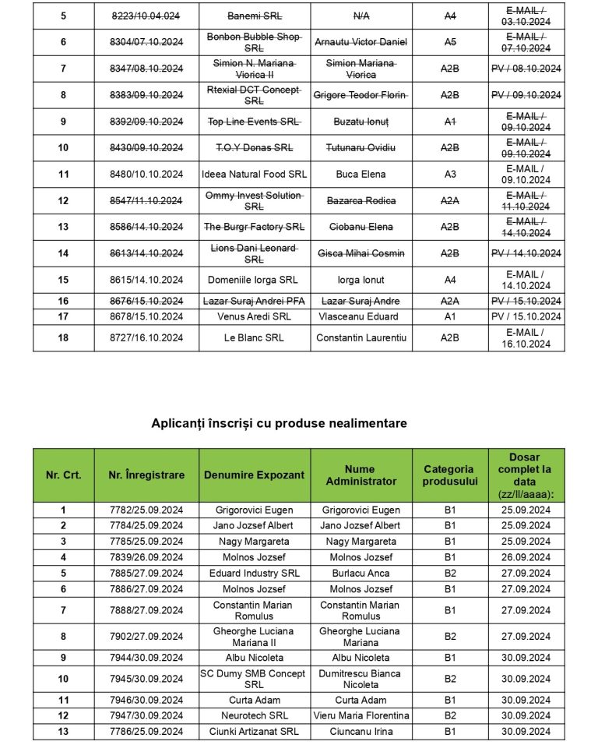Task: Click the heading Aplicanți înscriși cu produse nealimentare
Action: [279, 423]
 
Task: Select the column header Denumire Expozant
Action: [254, 475]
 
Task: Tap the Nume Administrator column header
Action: [361, 475]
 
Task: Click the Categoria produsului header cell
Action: [448, 475]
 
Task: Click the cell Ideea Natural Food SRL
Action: [254, 174]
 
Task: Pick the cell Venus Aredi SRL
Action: [254, 316]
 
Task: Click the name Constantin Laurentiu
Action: [361, 337]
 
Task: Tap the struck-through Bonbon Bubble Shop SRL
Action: [254, 42]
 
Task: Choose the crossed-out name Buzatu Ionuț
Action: [361, 122]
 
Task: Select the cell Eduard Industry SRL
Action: [254, 573]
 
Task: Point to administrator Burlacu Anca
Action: [361, 573]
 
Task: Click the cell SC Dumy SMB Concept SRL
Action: [254, 679]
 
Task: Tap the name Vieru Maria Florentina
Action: [361, 715]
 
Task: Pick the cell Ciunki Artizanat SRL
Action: [254, 732]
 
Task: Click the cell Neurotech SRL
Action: [254, 715]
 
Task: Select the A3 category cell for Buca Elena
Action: [450, 174]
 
